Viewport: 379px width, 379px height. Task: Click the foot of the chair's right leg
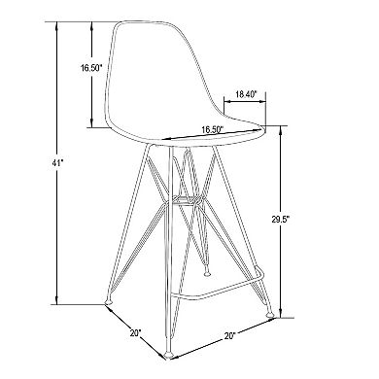pyautogui.click(x=269, y=316)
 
